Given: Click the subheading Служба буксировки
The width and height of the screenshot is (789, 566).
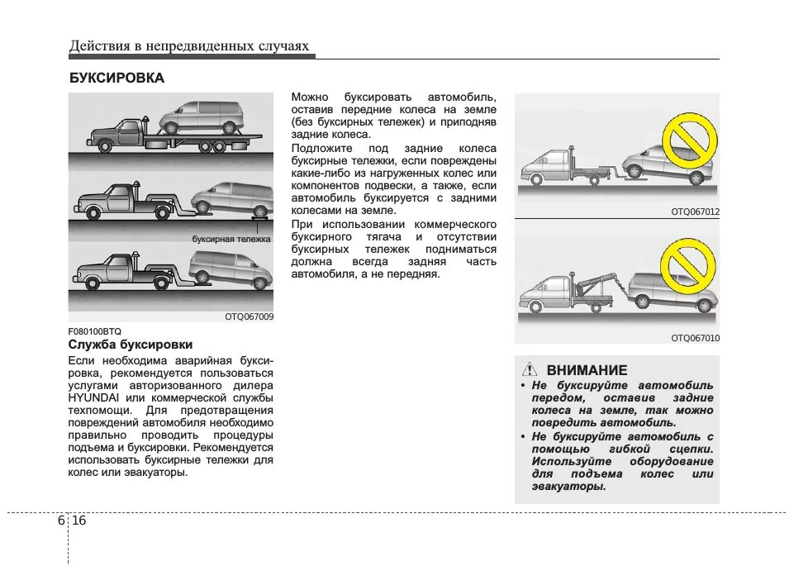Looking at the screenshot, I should (131, 345).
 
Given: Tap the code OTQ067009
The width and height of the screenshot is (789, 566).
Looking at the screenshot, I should (249, 316).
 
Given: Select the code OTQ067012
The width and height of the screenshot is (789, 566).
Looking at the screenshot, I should (695, 212).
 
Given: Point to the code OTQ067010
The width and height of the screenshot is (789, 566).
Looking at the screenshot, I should (695, 338).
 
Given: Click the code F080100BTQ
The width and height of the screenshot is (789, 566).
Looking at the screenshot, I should (94, 331).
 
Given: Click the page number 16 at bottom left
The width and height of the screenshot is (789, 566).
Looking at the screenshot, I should (79, 521).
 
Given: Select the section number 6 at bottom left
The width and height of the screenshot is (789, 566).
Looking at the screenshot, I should (62, 521).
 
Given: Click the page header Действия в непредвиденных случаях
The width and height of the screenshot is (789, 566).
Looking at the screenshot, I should (189, 46).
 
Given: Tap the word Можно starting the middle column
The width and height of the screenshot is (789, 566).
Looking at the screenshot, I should (310, 97).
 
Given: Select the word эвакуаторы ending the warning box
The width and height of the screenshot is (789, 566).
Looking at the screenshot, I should (569, 487).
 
